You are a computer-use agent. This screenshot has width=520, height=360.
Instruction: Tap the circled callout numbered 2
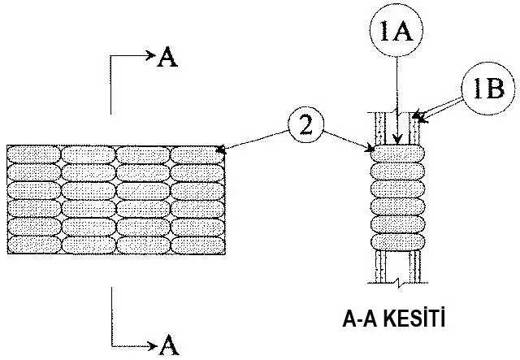pyautogui.click(x=305, y=127)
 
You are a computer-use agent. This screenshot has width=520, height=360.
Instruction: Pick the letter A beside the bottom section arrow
pyautogui.click(x=168, y=344)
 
